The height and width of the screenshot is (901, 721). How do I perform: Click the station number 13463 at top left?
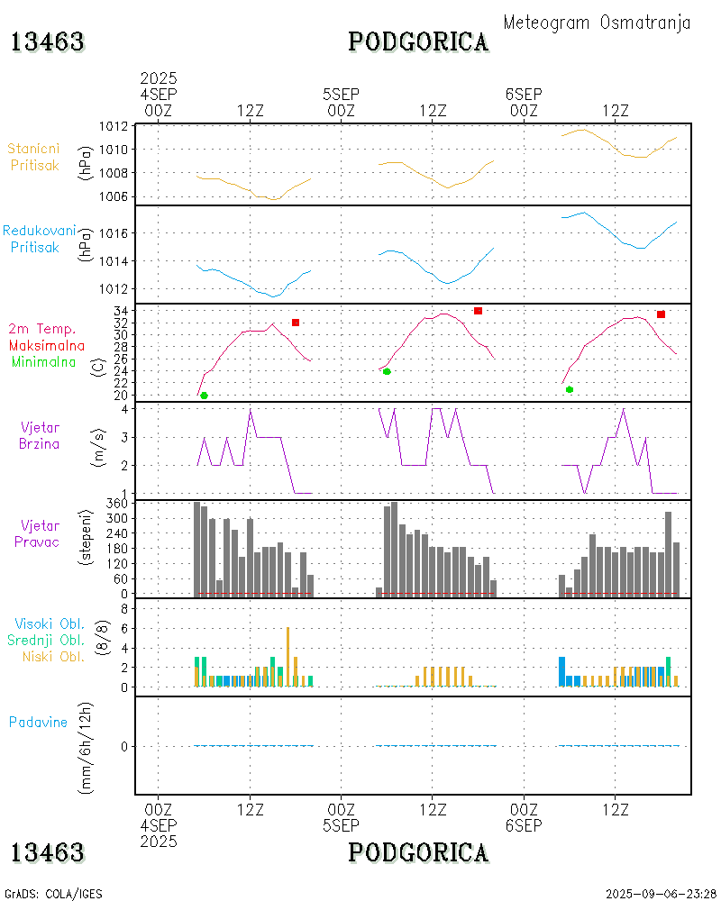pyautogui.click(x=48, y=41)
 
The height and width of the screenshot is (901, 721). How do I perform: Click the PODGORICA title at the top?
pyautogui.click(x=418, y=41)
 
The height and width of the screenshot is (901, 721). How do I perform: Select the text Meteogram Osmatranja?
pyautogui.click(x=597, y=23)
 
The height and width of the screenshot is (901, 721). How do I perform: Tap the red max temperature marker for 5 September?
pyautogui.click(x=478, y=311)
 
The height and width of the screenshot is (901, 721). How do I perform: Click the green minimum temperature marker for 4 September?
pyautogui.click(x=204, y=396)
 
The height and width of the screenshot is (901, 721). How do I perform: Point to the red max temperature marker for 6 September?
pyautogui.click(x=661, y=314)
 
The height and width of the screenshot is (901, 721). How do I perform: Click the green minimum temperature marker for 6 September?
pyautogui.click(x=570, y=389)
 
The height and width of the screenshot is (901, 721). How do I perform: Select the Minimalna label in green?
pyautogui.click(x=44, y=361)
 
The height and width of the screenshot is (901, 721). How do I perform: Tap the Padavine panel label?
pyautogui.click(x=38, y=722)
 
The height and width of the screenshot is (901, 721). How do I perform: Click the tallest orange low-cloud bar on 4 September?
pyautogui.click(x=287, y=656)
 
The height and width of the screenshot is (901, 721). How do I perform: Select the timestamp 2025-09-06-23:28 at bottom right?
pyautogui.click(x=662, y=894)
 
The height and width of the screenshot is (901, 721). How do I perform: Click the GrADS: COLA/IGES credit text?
pyautogui.click(x=53, y=894)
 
